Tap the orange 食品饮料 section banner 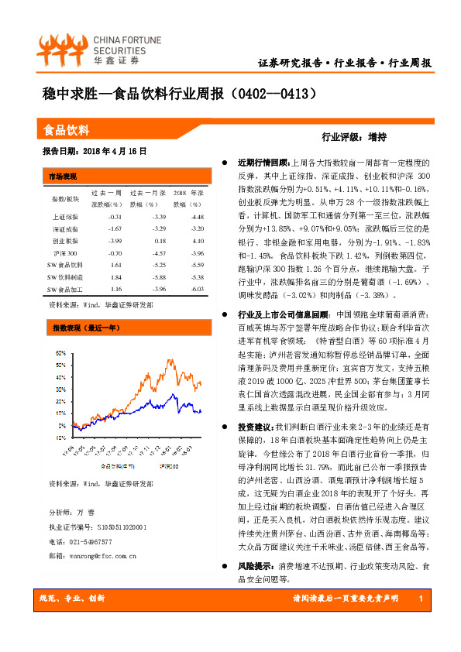click(68, 130)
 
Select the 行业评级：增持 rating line click(353, 137)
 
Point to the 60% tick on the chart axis click(61, 352)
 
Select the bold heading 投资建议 click(256, 427)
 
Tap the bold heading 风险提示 click(256, 566)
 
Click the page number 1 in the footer click(419, 599)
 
